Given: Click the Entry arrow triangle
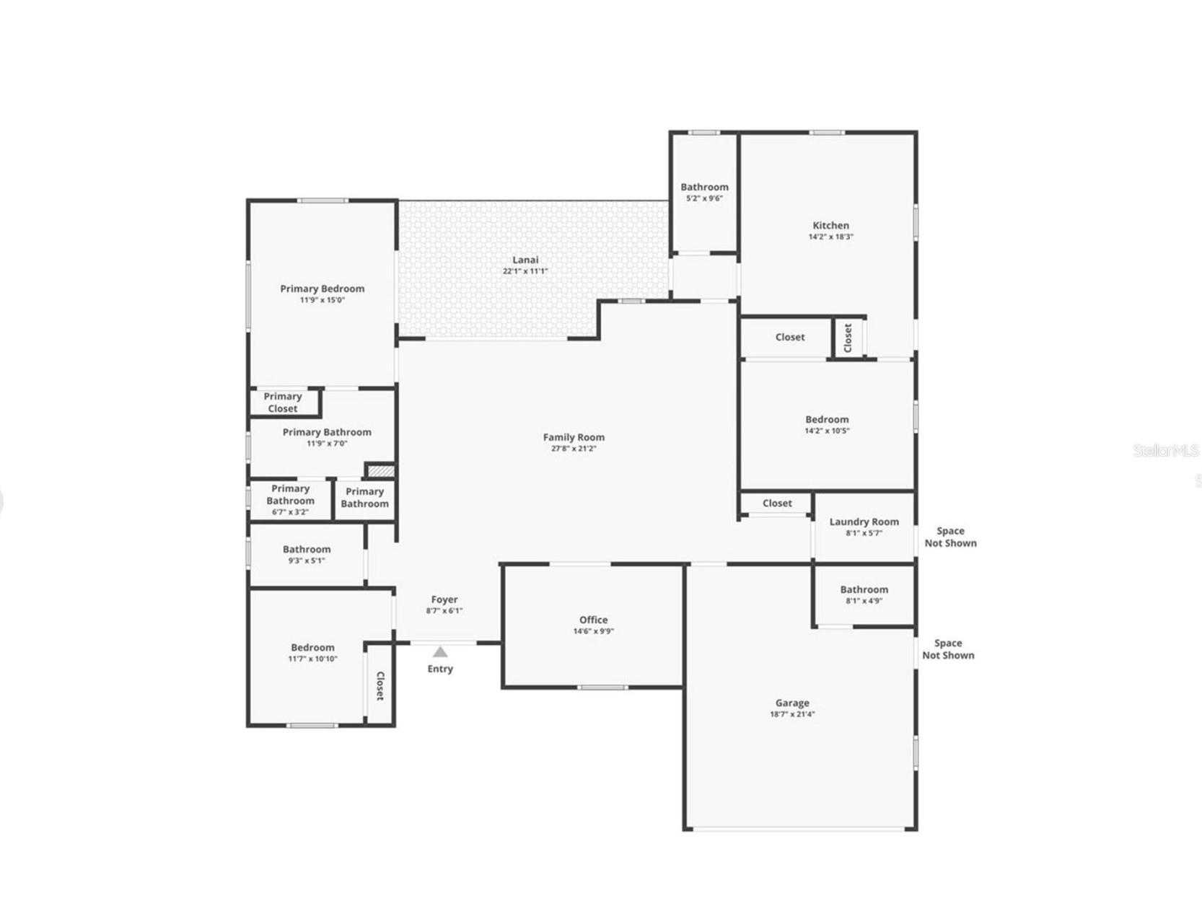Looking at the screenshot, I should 439,651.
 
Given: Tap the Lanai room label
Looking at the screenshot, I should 525,260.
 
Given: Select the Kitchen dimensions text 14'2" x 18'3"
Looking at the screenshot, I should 830,237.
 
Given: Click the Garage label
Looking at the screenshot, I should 792,703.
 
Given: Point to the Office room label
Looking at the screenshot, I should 593,620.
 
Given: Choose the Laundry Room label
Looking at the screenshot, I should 864,522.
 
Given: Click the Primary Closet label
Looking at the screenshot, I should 283,403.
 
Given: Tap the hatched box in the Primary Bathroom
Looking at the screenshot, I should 381,471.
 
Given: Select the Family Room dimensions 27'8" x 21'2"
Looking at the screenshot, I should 574,449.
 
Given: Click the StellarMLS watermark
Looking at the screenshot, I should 1165,451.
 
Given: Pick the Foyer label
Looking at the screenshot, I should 444,599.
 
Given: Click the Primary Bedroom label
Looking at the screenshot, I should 322,289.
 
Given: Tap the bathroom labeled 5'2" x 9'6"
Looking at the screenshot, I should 704,191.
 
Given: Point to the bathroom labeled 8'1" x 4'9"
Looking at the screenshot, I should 864,594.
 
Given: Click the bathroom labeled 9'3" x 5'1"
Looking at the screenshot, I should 307,553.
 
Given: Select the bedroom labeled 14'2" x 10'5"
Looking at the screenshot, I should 827,423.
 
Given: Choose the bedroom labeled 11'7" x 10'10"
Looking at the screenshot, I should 312,651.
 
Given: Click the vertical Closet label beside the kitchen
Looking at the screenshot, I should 848,337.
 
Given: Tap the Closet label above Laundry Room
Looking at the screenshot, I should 777,504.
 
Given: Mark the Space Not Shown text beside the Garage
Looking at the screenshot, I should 948,649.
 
